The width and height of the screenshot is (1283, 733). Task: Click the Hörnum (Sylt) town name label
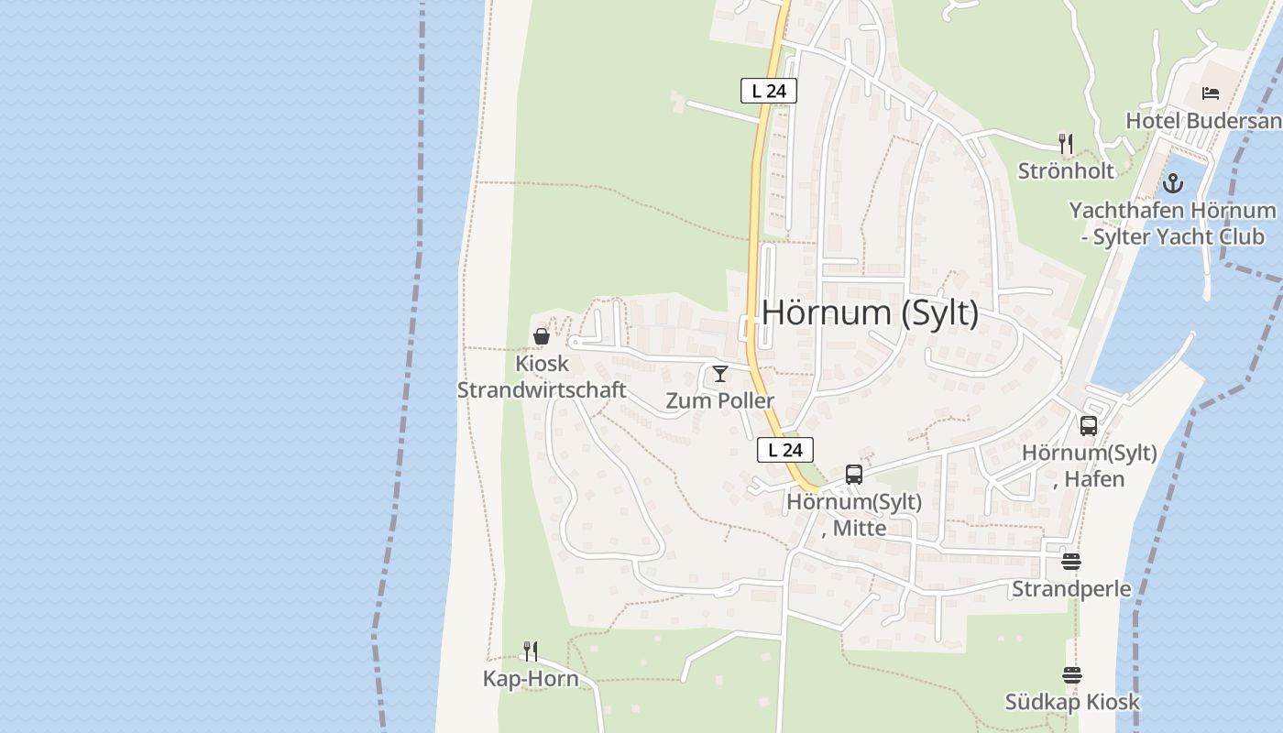(870, 313)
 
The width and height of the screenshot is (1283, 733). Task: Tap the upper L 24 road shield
(769, 91)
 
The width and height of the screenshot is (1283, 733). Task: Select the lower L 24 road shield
(785, 450)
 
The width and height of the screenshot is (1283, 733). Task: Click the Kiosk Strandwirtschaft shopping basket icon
(542, 337)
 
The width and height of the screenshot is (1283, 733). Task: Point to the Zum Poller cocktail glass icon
(720, 374)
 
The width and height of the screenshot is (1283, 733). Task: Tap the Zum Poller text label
(719, 400)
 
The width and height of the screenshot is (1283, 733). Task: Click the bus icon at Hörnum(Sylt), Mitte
(854, 475)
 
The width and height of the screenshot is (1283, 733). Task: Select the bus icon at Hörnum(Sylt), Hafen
(1089, 426)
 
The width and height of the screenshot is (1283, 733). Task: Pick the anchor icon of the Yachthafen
(1173, 184)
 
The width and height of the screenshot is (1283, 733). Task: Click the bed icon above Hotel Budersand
(1211, 93)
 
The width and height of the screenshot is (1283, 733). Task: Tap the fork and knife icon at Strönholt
(1066, 144)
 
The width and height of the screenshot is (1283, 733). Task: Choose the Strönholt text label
(1066, 170)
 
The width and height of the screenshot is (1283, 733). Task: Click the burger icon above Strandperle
(1071, 562)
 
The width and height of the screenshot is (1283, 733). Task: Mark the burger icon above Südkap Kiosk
(1072, 676)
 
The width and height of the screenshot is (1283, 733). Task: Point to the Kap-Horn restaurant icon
(531, 651)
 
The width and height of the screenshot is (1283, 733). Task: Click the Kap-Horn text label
(531, 679)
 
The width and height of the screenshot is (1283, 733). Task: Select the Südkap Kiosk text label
(1072, 702)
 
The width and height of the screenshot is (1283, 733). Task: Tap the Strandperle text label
(1071, 588)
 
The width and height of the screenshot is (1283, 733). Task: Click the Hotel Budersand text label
(1202, 121)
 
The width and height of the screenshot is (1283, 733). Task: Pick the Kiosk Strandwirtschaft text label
(542, 377)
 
